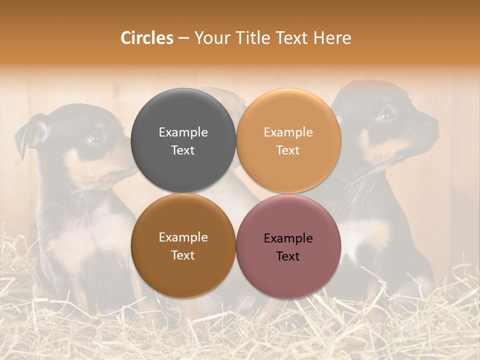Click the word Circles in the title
(x=147, y=38)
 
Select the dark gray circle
(x=183, y=140)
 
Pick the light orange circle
(x=288, y=140)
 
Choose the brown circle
(x=183, y=245)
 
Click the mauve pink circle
(x=288, y=246)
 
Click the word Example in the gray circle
(x=183, y=132)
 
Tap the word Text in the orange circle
(x=288, y=150)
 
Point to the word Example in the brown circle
(x=183, y=237)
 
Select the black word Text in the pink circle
(x=288, y=256)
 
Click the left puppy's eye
(x=96, y=136)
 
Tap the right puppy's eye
(x=386, y=114)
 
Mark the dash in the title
(x=183, y=38)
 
